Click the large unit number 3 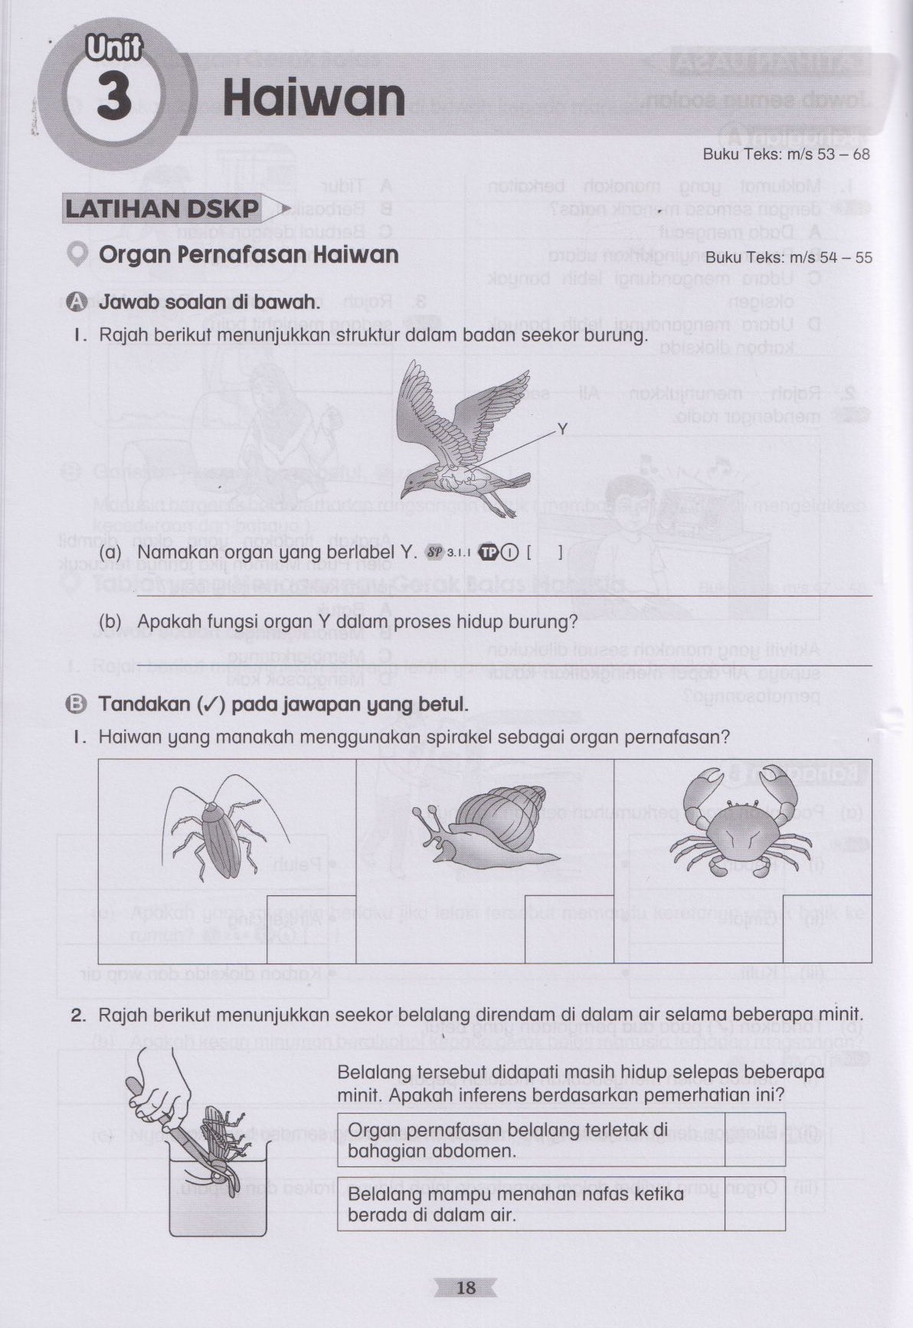pyautogui.click(x=114, y=100)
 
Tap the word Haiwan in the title pyautogui.click(x=313, y=99)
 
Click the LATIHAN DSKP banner pyautogui.click(x=162, y=208)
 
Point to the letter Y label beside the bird pyautogui.click(x=562, y=429)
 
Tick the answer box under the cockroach pyautogui.click(x=311, y=929)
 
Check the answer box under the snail pyautogui.click(x=569, y=929)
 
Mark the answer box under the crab pyautogui.click(x=827, y=929)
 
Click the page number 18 pyautogui.click(x=466, y=1287)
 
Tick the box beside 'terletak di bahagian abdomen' pyautogui.click(x=754, y=1140)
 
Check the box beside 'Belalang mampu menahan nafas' pyautogui.click(x=754, y=1203)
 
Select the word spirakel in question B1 pyautogui.click(x=436, y=737)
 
